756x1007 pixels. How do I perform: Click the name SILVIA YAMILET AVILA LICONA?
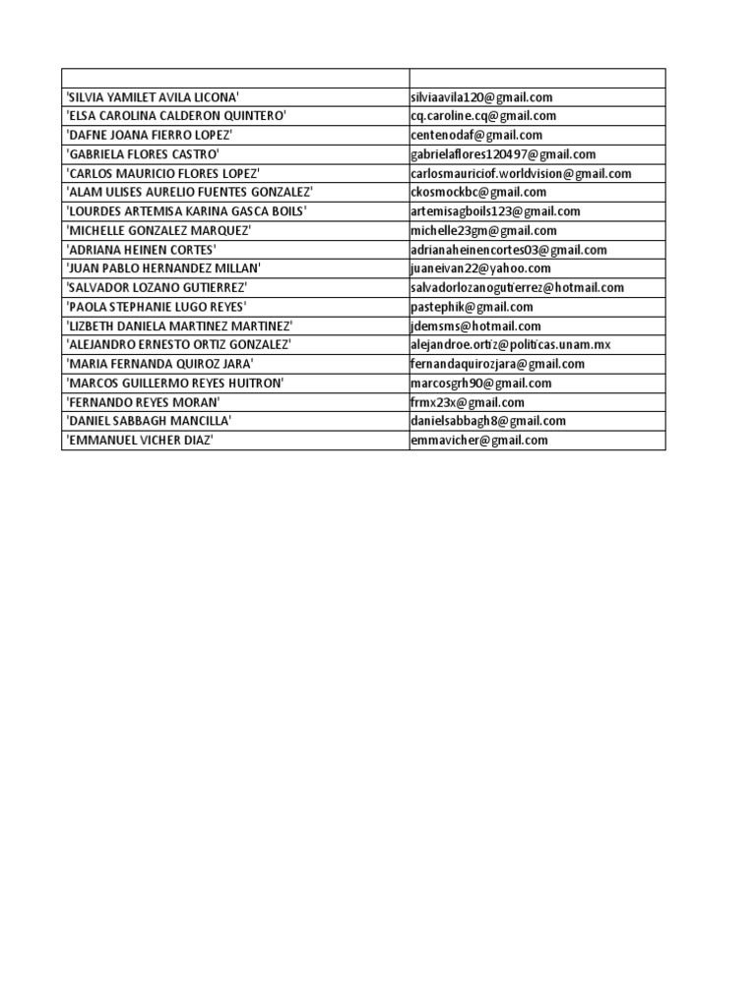153,97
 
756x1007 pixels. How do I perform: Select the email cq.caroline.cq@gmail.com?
483,116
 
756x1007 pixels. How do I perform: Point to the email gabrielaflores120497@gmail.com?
503,154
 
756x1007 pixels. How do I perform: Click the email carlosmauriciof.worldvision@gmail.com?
521,173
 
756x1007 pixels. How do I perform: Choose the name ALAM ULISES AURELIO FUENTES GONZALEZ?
189,192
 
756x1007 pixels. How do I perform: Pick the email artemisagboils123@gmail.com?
495,211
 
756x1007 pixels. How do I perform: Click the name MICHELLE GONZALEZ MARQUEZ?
158,230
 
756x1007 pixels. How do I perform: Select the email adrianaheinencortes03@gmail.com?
509,250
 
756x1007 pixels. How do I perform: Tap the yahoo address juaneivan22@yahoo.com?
480,268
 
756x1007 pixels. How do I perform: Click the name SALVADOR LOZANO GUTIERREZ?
157,287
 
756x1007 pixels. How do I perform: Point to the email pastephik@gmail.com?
472,307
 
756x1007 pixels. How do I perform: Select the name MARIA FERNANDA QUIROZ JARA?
159,364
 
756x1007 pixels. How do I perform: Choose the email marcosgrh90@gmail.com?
480,384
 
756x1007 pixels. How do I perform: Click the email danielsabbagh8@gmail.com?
488,421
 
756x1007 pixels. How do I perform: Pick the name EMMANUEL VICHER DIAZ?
140,441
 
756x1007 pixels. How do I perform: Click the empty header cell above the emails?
537,78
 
